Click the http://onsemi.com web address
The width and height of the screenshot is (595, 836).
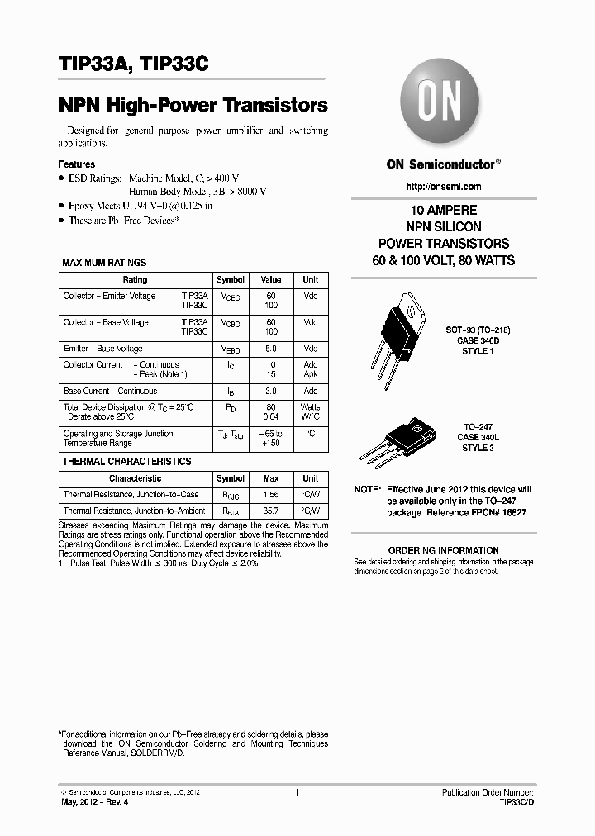point(433,187)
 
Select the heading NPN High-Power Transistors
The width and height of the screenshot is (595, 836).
point(193,106)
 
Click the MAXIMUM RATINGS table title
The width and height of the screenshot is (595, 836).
point(104,263)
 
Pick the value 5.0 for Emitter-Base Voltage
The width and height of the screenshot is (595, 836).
point(271,349)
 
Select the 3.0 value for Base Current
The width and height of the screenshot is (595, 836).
point(271,391)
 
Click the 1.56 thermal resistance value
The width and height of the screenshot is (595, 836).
point(271,495)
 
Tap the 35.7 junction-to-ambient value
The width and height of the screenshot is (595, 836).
point(271,512)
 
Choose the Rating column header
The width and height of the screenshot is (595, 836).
point(135,280)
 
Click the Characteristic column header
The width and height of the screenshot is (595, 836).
point(135,479)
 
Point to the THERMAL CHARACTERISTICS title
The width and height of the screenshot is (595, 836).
point(126,462)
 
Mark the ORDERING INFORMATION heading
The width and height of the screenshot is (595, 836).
point(443,550)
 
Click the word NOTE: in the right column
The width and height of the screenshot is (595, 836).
point(368,490)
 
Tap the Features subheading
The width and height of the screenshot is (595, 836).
point(77,164)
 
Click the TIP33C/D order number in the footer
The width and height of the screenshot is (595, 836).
point(516,802)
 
